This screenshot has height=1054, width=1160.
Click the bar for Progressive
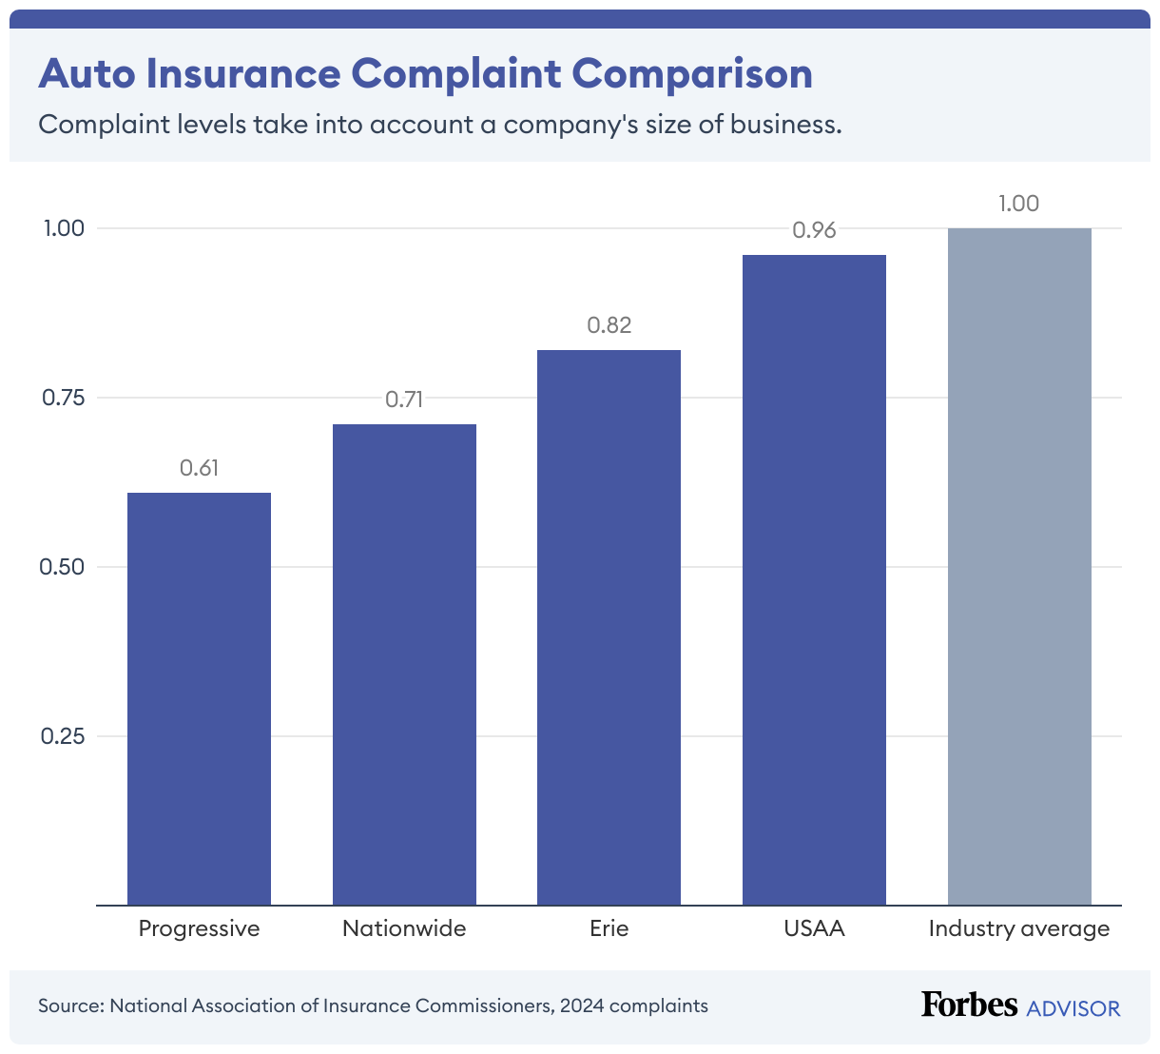click(199, 698)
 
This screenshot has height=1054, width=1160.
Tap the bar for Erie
click(609, 627)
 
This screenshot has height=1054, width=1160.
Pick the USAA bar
click(814, 579)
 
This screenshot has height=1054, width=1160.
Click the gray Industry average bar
click(1019, 566)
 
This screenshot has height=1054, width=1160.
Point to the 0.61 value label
click(199, 467)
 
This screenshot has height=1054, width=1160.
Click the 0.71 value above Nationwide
click(404, 400)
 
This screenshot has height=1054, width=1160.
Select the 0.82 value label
click(609, 325)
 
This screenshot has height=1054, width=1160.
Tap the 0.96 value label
click(814, 230)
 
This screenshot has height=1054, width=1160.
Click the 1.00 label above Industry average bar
click(1019, 204)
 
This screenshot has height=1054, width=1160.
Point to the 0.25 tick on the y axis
click(63, 736)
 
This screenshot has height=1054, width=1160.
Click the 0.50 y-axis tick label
click(63, 567)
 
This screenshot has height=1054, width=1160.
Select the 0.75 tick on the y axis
click(63, 398)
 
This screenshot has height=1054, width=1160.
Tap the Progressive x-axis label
click(199, 928)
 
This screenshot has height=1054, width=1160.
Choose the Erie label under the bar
click(609, 928)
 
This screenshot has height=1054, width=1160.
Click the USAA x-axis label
click(814, 928)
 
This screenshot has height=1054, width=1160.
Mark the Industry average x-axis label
click(1019, 928)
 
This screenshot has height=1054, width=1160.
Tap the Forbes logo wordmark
click(969, 1005)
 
